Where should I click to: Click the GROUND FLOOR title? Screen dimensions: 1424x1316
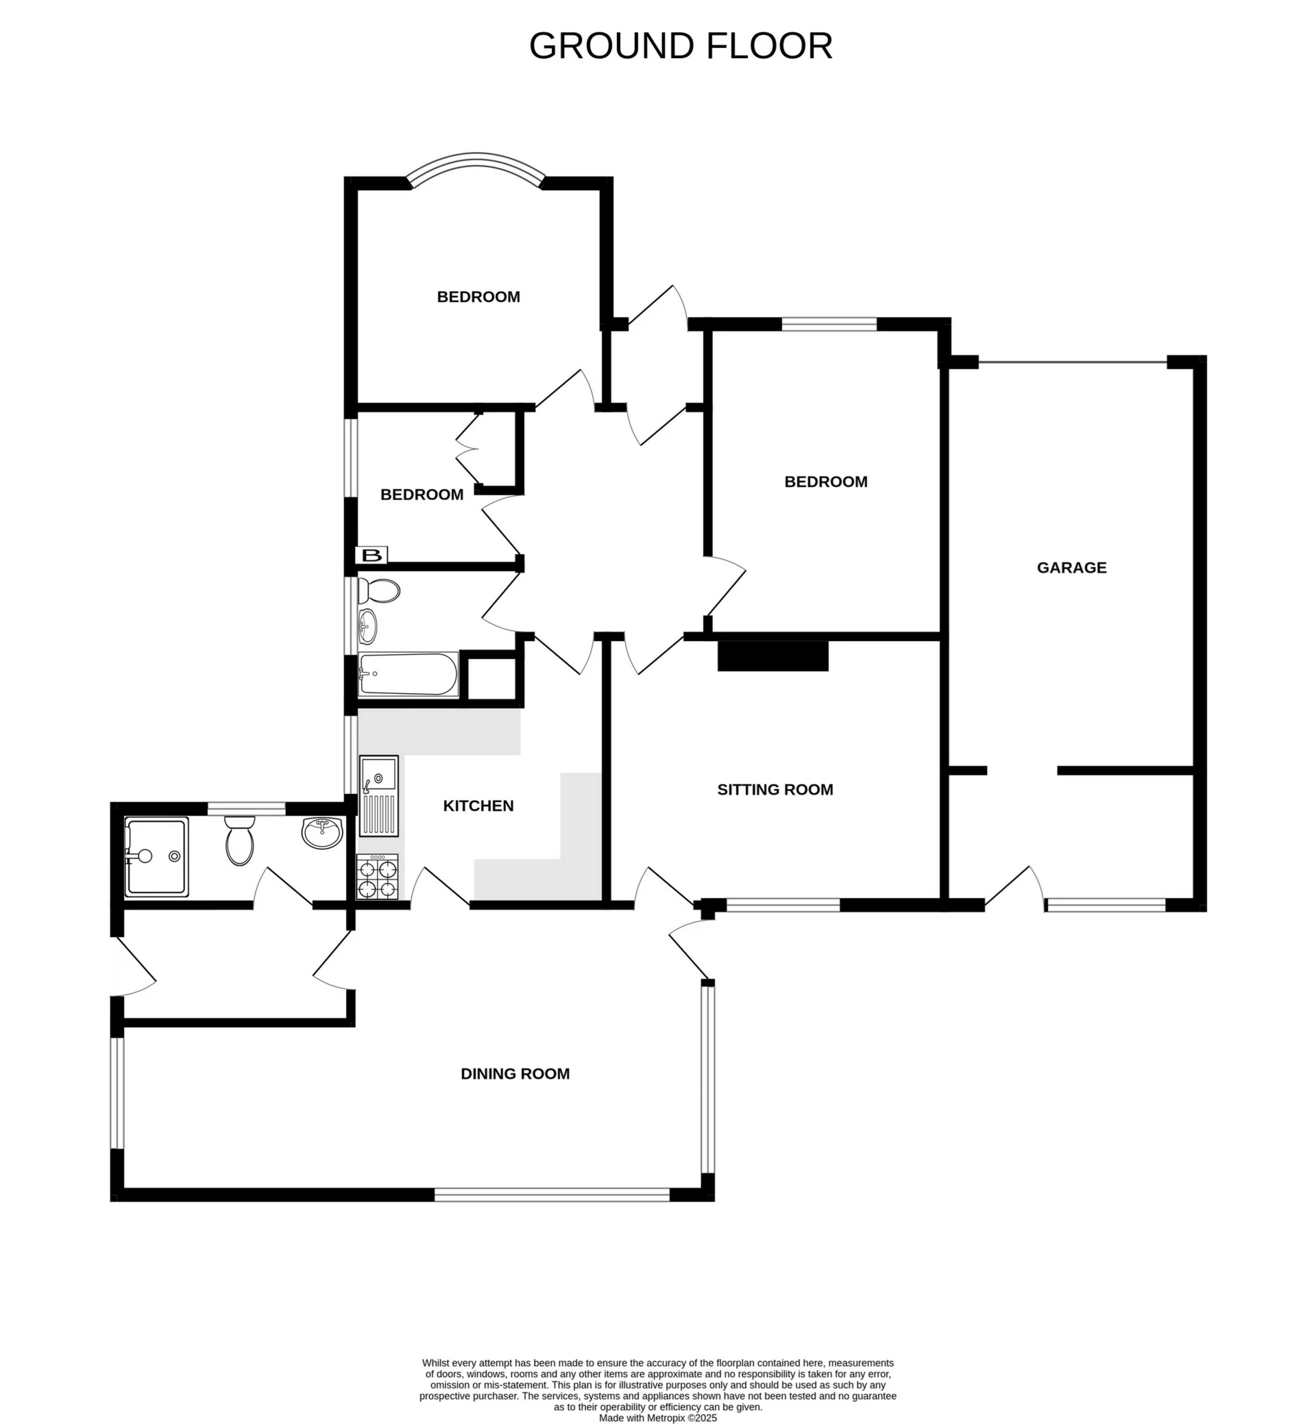click(x=680, y=47)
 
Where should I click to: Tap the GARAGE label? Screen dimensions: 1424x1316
click(x=1071, y=568)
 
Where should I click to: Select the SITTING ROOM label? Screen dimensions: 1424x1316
click(x=775, y=789)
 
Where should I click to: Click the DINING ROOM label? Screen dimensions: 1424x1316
click(x=515, y=1074)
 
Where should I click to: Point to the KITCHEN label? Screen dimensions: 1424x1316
click(x=478, y=805)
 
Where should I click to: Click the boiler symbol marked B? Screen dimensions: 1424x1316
click(x=371, y=555)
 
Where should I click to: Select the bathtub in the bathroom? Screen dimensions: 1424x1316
click(x=408, y=674)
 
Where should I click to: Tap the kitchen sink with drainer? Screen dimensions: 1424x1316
click(x=379, y=796)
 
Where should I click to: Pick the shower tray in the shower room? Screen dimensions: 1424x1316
click(x=157, y=857)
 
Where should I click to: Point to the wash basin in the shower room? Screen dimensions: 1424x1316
click(x=322, y=833)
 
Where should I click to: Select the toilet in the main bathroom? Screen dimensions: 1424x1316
click(x=379, y=590)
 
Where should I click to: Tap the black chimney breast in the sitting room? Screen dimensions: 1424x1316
click(x=772, y=655)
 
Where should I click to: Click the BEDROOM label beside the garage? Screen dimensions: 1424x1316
click(x=825, y=482)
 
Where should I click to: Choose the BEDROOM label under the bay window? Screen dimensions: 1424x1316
click(x=478, y=297)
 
